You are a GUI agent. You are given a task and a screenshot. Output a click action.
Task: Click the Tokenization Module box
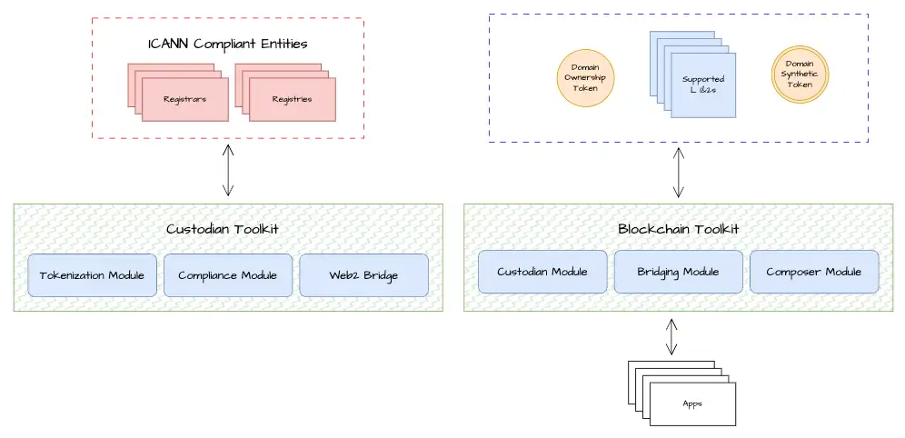(x=92, y=275)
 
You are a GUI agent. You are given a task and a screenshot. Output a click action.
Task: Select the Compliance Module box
(x=227, y=275)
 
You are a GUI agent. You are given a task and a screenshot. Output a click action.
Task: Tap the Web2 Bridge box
(x=363, y=275)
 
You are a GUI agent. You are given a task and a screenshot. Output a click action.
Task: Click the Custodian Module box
(x=542, y=272)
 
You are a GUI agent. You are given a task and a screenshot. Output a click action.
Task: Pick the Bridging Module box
(x=678, y=272)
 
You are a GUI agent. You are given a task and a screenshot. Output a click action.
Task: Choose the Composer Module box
(x=813, y=272)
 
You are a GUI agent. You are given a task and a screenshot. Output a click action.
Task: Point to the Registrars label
(x=184, y=98)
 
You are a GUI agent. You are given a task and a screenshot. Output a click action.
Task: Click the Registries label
(x=293, y=98)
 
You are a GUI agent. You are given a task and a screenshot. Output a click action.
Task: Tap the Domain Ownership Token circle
(x=586, y=77)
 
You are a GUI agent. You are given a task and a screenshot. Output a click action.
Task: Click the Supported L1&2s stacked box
(x=702, y=85)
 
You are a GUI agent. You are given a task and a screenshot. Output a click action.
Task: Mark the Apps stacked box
(x=693, y=403)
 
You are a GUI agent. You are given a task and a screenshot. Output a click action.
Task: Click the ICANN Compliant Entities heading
(x=227, y=44)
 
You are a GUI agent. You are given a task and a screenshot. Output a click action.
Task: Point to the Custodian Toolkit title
(x=227, y=229)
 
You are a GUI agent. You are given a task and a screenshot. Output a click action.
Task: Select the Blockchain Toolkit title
(x=678, y=229)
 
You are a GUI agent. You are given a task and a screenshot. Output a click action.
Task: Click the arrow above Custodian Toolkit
(x=228, y=172)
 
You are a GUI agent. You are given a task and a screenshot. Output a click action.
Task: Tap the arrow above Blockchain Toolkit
(x=678, y=174)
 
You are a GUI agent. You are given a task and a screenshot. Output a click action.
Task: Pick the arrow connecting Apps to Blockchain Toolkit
(x=671, y=336)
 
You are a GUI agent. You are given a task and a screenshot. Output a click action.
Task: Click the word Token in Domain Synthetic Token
(x=800, y=85)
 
